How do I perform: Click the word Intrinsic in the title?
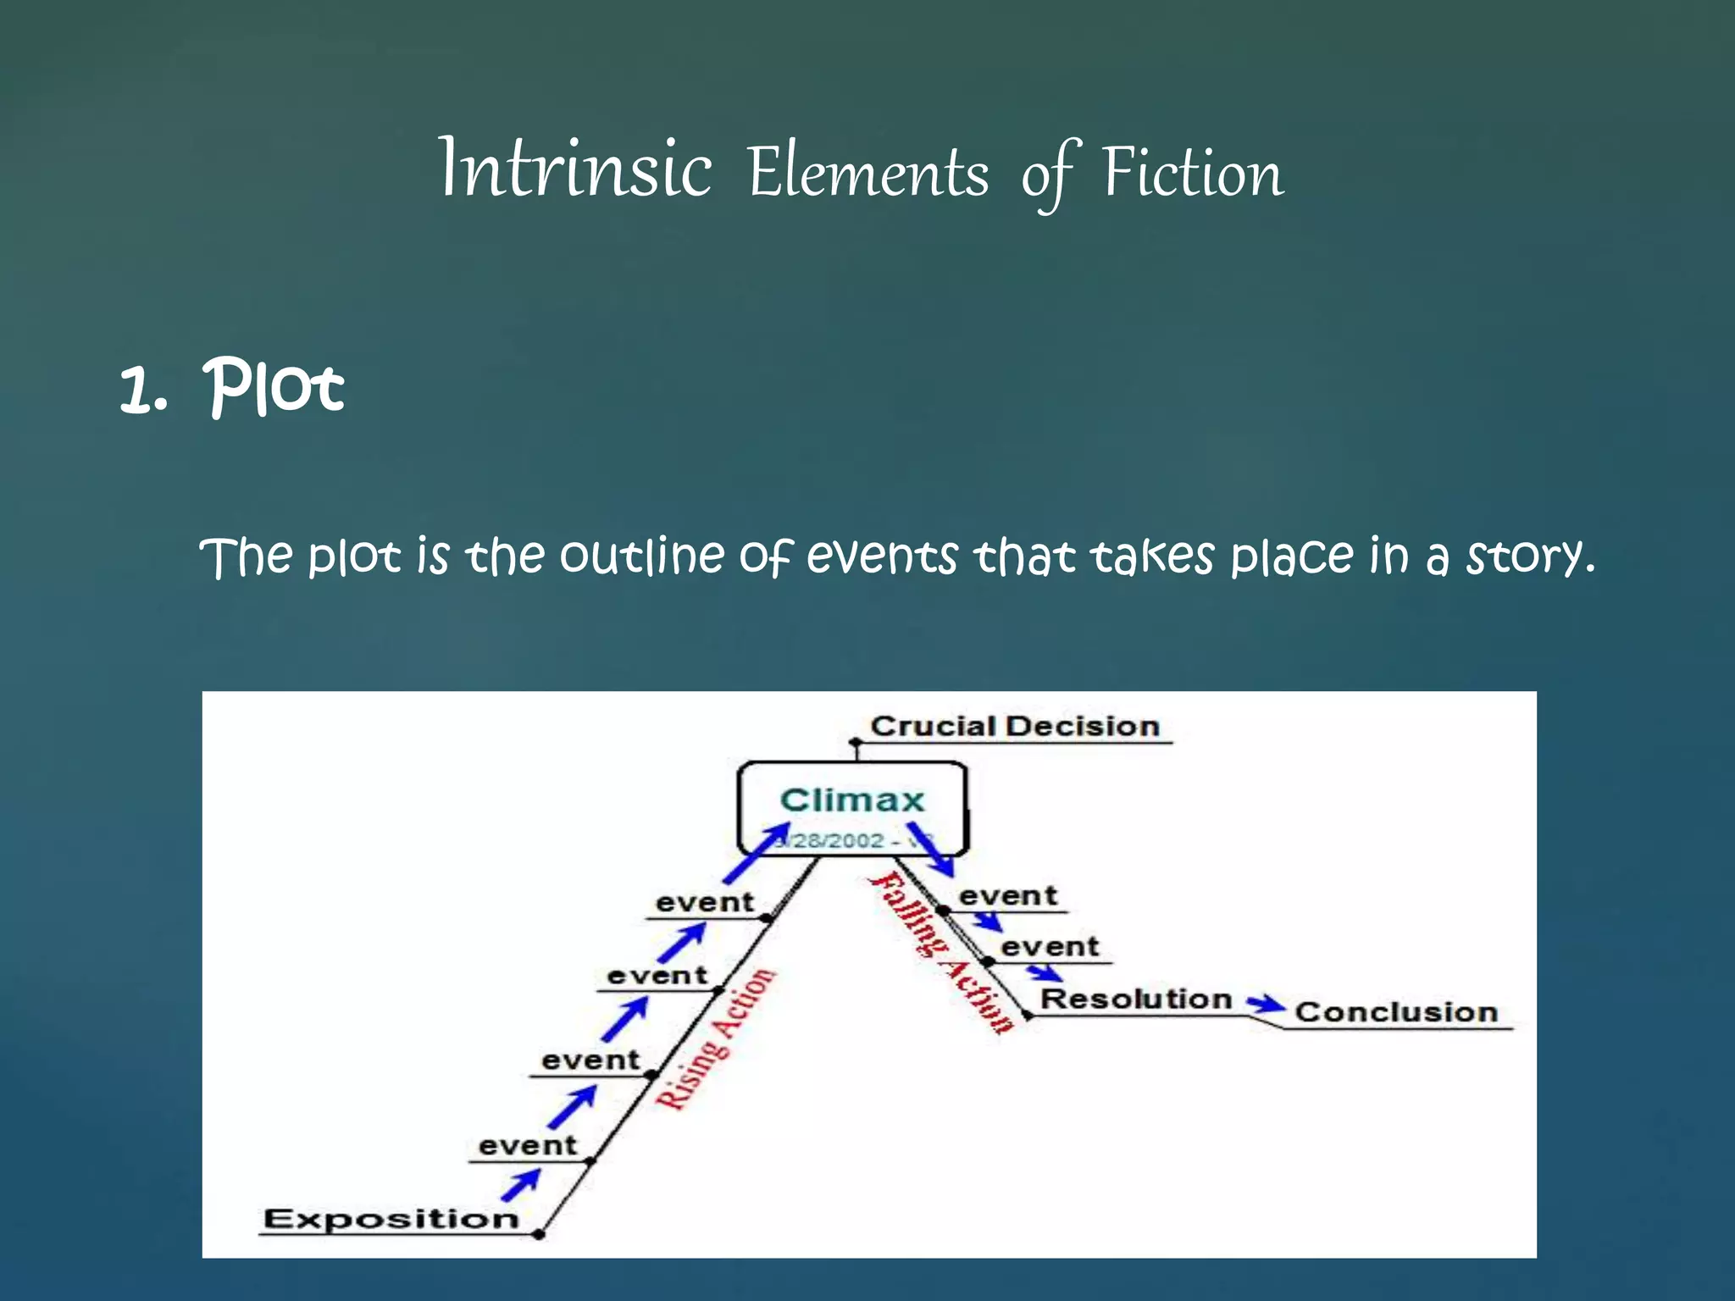pyautogui.click(x=575, y=170)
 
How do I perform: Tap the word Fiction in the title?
pyautogui.click(x=1192, y=173)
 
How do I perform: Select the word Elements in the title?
pyautogui.click(x=868, y=173)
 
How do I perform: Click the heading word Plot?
pyautogui.click(x=274, y=387)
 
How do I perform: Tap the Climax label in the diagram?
pyautogui.click(x=851, y=800)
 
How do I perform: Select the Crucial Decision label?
pyautogui.click(x=1014, y=727)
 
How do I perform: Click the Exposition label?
pyautogui.click(x=391, y=1219)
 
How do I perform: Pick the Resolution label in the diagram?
pyautogui.click(x=1135, y=999)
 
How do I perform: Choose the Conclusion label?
pyautogui.click(x=1396, y=1012)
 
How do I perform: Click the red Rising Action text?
pyautogui.click(x=716, y=1039)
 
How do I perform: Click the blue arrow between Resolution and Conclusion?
pyautogui.click(x=1266, y=1005)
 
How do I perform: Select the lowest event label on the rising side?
pyautogui.click(x=527, y=1146)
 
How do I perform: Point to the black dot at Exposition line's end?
pyautogui.click(x=539, y=1235)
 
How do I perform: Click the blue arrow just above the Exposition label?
pyautogui.click(x=520, y=1185)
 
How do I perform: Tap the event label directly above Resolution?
pyautogui.click(x=1049, y=946)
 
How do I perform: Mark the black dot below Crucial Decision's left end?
pyautogui.click(x=856, y=744)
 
